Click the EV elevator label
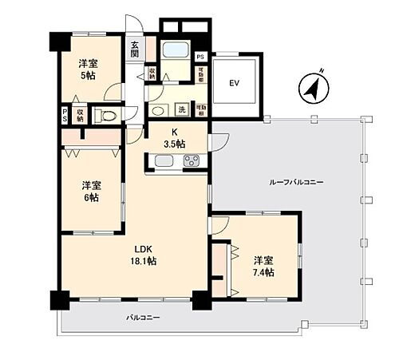235,83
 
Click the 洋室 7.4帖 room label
265,267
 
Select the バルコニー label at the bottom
143,318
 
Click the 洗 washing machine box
182,109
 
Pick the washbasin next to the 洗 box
160,110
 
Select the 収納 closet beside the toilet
81,116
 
